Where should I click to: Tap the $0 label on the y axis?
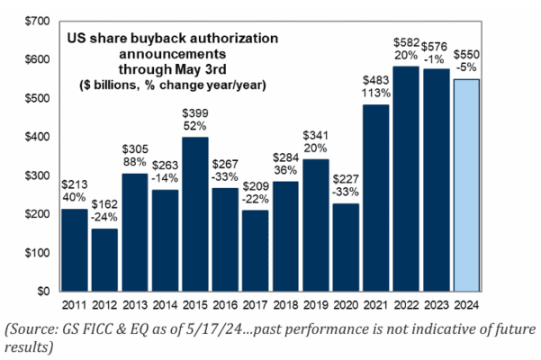(x=42, y=292)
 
